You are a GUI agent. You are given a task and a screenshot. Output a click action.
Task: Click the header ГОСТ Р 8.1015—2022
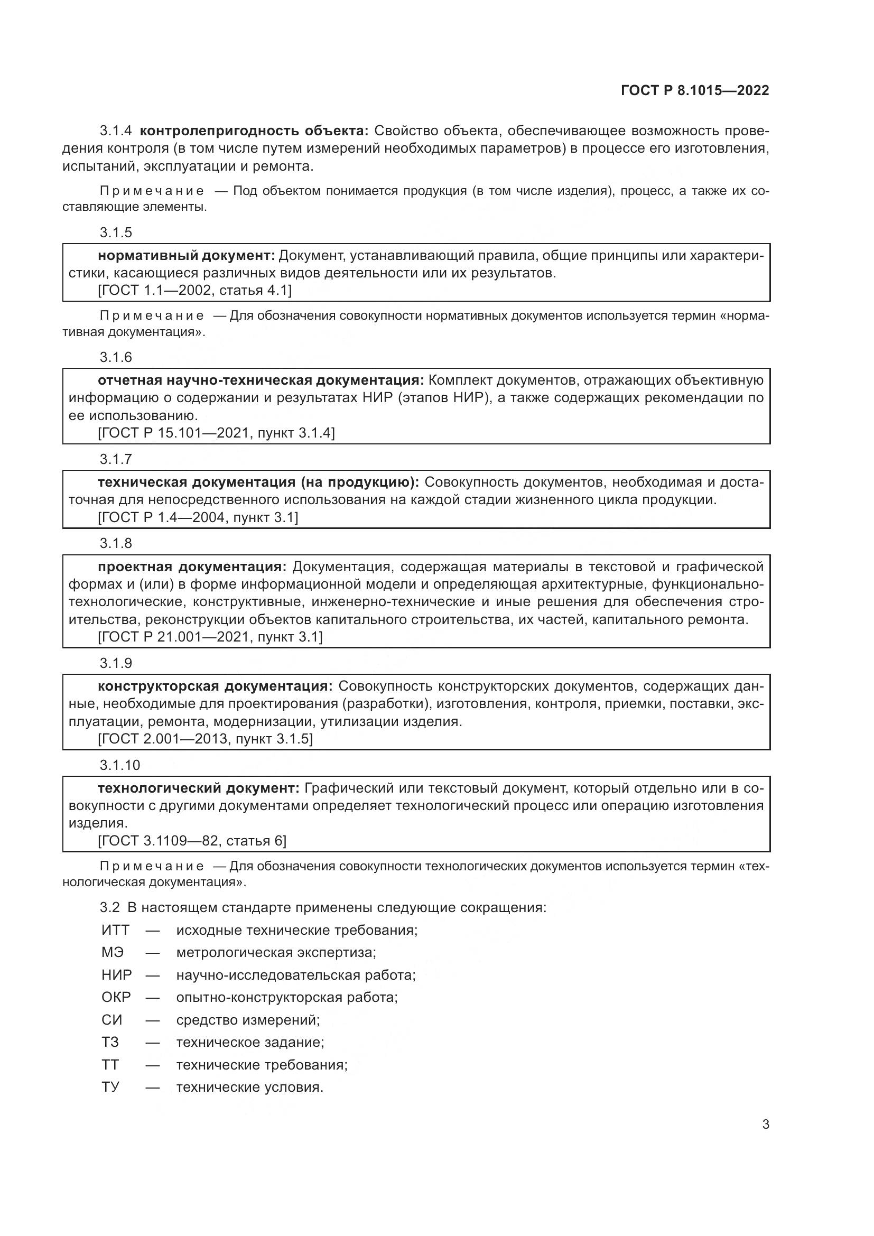click(x=695, y=90)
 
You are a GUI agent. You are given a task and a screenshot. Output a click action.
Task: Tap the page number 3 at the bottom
click(x=765, y=1124)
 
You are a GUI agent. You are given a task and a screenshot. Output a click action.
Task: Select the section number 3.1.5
click(x=116, y=233)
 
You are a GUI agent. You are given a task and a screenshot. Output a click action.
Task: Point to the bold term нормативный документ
click(x=186, y=255)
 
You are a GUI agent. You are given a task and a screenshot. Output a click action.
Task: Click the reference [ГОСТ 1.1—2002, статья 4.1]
click(x=194, y=290)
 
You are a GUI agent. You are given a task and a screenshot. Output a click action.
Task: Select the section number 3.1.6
click(x=116, y=357)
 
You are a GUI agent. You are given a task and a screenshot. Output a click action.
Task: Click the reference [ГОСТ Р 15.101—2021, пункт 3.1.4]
click(x=216, y=433)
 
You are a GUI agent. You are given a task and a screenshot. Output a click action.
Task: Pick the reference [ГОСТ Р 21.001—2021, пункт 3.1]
click(x=210, y=637)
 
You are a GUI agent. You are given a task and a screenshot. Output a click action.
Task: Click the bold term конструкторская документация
click(x=215, y=686)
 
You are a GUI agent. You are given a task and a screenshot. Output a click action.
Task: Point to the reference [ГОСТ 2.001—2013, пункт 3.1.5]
click(x=205, y=739)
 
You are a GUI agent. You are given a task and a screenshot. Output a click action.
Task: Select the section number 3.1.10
click(x=119, y=765)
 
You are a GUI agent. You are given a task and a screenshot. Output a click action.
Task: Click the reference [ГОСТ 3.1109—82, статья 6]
click(x=192, y=840)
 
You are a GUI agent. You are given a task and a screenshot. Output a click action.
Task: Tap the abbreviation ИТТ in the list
click(x=115, y=930)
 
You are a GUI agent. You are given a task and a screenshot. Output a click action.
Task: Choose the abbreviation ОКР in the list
click(x=116, y=998)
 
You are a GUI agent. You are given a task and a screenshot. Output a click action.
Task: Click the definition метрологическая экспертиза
click(x=275, y=953)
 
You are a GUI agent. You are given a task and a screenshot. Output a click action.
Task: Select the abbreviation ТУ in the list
click(x=110, y=1088)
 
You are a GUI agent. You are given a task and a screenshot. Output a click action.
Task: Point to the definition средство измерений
click(x=247, y=1020)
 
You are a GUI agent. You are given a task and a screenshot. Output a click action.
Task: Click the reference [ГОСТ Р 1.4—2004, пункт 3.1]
click(x=198, y=517)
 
